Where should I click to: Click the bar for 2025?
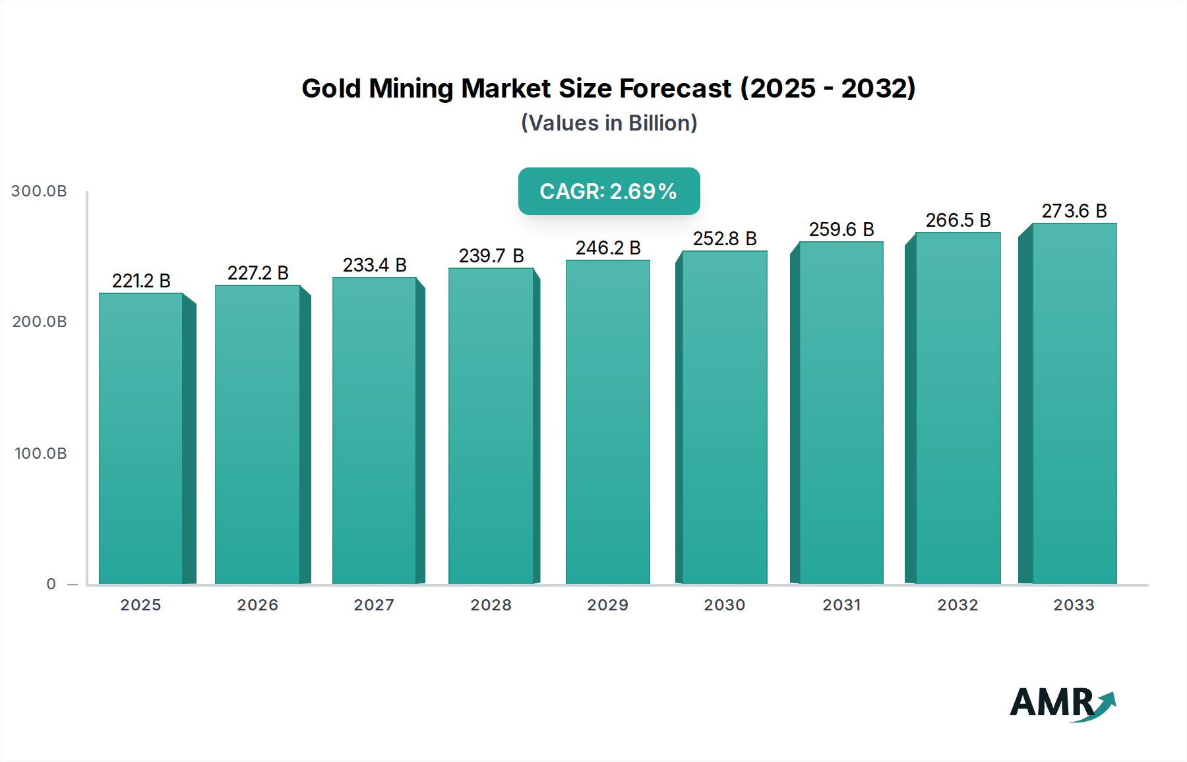coord(140,438)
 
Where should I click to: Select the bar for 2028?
coord(491,426)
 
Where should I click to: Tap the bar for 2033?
coord(1074,403)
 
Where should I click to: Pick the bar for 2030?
coord(724,417)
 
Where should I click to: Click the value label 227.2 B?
coord(258,273)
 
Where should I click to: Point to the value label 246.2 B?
coord(608,248)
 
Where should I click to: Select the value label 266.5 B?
coord(958,220)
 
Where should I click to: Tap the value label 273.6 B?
coord(1074,211)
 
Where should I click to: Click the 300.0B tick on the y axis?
coord(39,191)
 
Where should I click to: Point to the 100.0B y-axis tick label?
coord(40,454)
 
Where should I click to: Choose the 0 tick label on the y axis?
coord(51,584)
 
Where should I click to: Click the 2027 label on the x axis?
coord(374,605)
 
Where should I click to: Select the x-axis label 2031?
coord(841,605)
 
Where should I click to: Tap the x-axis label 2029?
coord(608,605)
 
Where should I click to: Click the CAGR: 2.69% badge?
coord(609,191)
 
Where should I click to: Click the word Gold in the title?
coord(332,88)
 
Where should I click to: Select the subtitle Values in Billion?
coord(609,123)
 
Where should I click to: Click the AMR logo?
coord(1061,703)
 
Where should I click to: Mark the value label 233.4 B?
coord(375,265)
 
